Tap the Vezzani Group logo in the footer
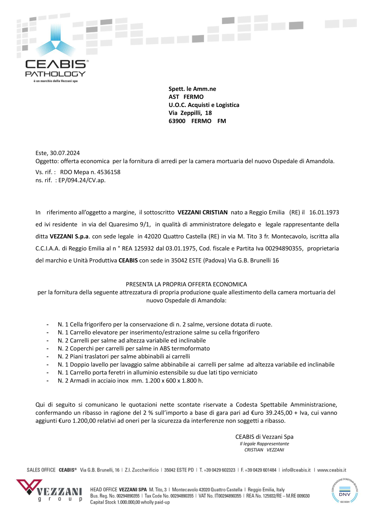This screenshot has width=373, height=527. coord(49,490)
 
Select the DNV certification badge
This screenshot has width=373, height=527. coord(344,491)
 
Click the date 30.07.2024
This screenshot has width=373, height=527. coord(65,153)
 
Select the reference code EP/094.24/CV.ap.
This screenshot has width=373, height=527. coord(82,180)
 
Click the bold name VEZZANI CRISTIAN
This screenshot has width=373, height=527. coord(202,212)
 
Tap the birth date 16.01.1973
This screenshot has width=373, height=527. coord(324,212)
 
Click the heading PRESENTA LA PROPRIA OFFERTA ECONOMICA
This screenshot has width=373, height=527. coord(186,284)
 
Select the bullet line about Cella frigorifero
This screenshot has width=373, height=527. coord(165,324)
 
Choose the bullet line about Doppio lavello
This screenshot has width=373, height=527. coord(196,365)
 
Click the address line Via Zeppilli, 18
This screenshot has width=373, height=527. coord(190,113)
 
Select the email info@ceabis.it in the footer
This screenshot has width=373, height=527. coord(296,470)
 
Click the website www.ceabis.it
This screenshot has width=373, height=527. coord(332,470)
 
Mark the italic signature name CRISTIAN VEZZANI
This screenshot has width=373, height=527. coord(264,450)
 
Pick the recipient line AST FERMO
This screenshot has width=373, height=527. coord(186,97)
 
